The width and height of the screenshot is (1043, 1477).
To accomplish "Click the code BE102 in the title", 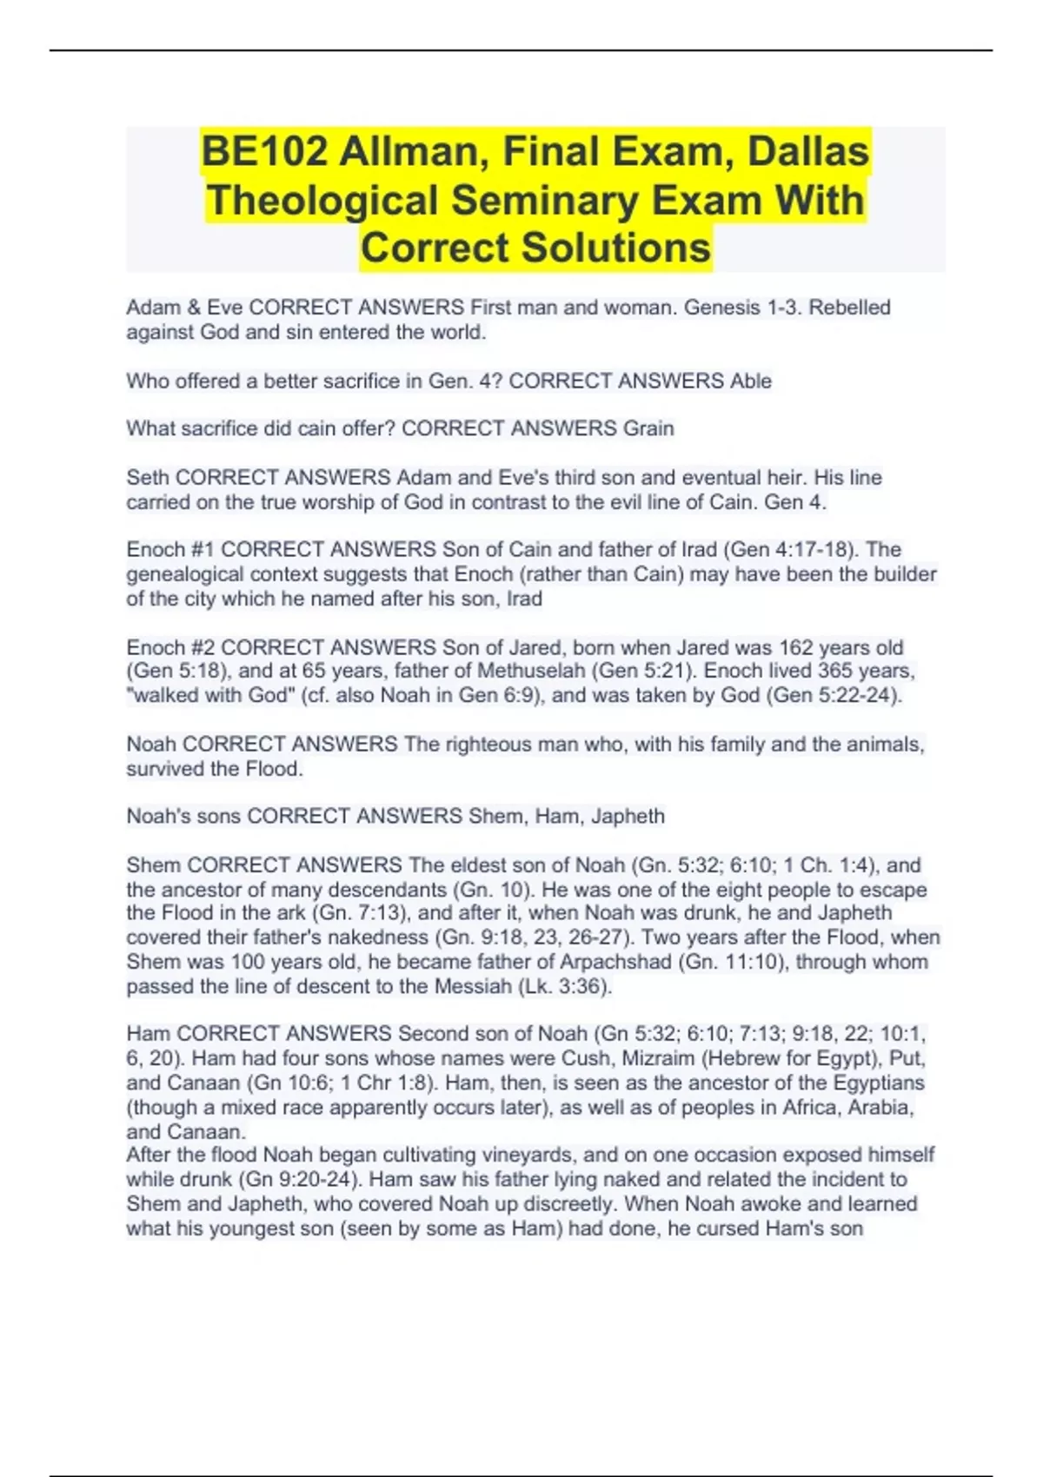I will tap(264, 152).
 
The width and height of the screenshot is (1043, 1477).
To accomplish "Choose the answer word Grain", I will tap(648, 429).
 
